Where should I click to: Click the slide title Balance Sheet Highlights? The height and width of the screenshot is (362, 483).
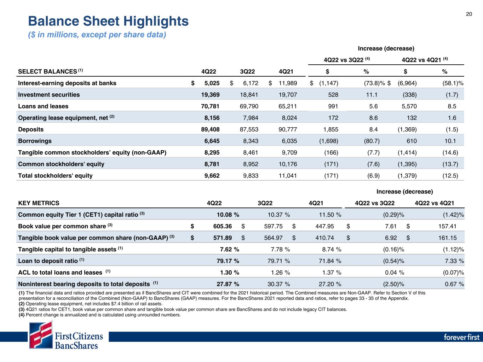108,21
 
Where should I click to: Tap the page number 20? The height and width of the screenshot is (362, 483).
469,14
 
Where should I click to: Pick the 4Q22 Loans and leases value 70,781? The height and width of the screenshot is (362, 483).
210,106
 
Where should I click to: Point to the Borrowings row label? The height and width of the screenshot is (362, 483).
35,141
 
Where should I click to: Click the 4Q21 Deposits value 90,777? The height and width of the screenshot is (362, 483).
288,129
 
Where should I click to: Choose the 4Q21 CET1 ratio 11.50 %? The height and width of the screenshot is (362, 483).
330,215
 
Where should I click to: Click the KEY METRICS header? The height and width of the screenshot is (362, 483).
39,203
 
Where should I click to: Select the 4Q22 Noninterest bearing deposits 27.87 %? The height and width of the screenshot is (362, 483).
228,284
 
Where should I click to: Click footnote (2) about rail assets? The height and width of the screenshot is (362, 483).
90,304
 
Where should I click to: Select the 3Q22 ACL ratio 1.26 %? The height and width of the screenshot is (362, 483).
278,273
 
